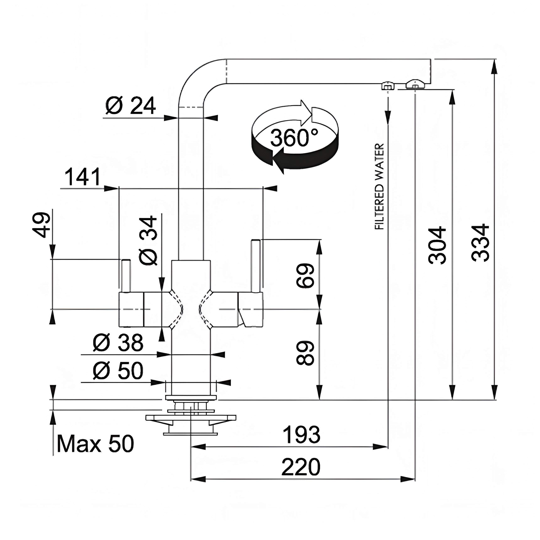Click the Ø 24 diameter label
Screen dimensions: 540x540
[130, 106]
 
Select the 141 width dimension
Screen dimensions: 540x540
[82, 177]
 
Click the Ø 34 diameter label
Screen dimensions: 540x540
[148, 240]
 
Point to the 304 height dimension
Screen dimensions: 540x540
[437, 245]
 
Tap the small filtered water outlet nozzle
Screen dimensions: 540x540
[388, 86]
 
